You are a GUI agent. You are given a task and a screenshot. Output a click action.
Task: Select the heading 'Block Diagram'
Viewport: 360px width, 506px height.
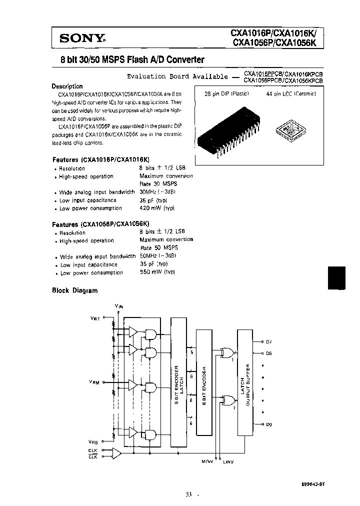click(75, 290)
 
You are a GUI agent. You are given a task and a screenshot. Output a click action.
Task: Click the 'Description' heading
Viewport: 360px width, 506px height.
click(67, 86)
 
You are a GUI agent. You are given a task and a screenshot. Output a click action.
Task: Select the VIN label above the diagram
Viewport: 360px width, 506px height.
click(118, 305)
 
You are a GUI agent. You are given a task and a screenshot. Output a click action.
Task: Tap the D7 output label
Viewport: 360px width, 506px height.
click(268, 342)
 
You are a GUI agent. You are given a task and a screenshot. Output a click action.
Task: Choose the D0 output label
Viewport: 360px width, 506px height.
click(268, 424)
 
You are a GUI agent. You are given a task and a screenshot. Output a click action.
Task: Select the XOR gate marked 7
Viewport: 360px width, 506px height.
click(230, 399)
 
